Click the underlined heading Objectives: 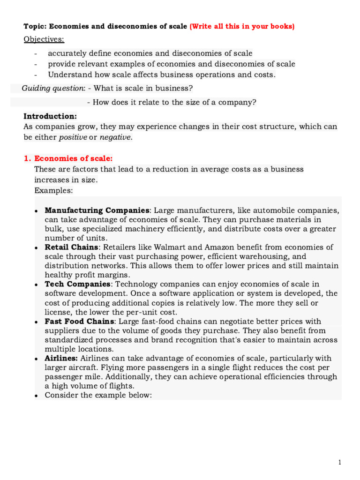(x=44, y=39)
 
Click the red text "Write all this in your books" (x=242, y=27)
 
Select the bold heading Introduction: (x=50, y=116)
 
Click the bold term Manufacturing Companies (x=97, y=210)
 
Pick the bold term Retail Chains (x=71, y=247)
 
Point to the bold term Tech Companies (x=77, y=284)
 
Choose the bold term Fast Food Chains (x=79, y=321)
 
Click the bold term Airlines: (x=61, y=358)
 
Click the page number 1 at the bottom (x=340, y=463)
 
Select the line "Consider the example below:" (x=98, y=395)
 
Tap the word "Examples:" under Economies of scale (x=53, y=190)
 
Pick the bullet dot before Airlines (x=37, y=359)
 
